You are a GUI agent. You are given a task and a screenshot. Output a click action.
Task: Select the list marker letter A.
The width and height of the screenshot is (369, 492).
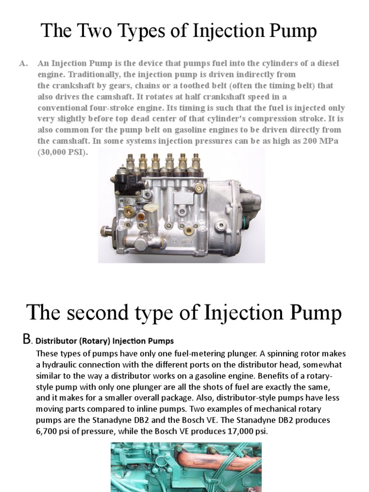(22, 64)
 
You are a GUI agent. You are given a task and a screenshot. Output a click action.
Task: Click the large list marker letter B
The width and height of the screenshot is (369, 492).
(26, 340)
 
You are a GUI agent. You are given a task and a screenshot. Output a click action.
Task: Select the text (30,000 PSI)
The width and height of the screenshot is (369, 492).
(63, 152)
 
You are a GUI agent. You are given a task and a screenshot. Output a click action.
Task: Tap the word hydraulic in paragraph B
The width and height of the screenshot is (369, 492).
(65, 365)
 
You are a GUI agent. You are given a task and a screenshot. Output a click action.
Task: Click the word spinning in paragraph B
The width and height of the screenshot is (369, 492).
(268, 354)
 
